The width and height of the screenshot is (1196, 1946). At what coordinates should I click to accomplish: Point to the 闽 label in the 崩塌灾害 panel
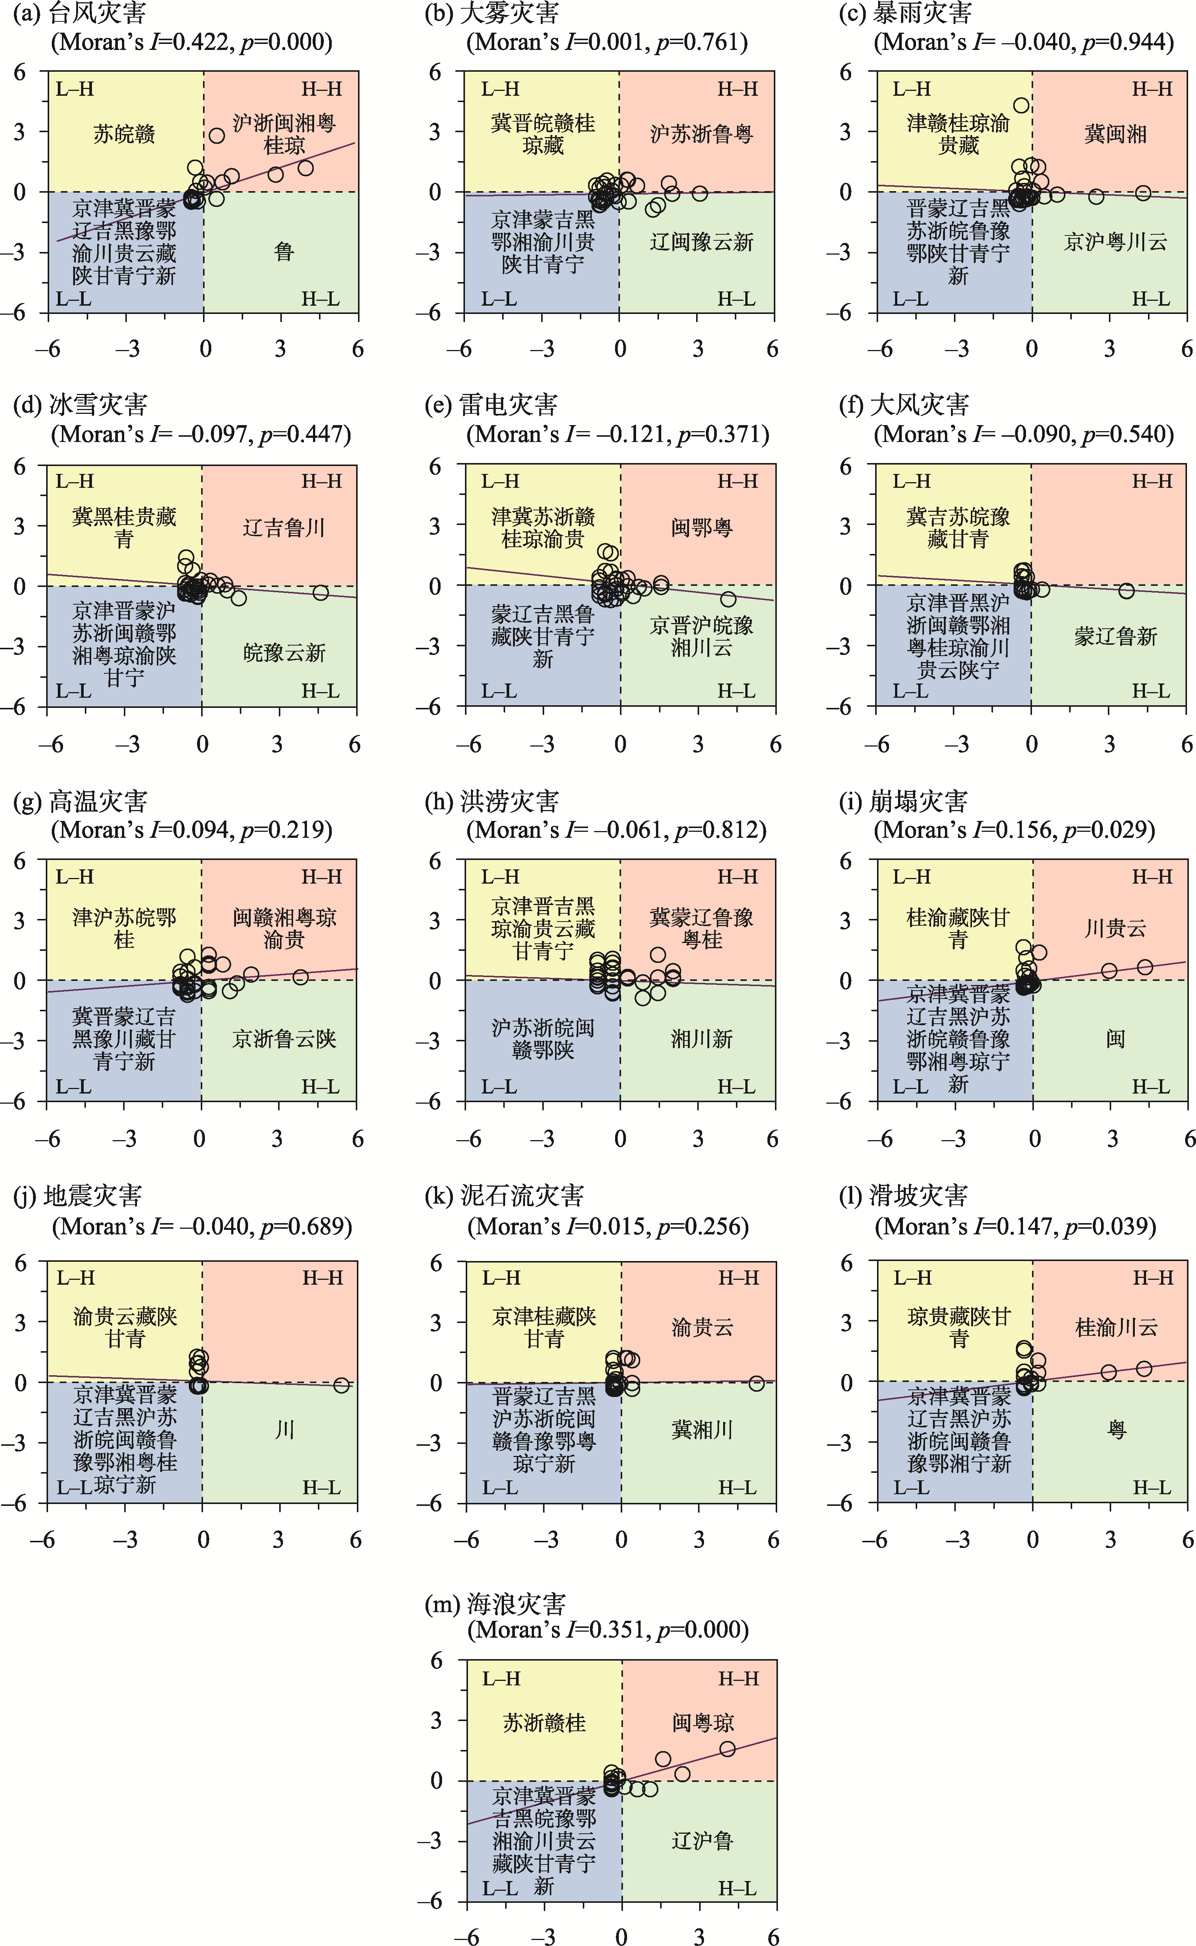coord(1115,1038)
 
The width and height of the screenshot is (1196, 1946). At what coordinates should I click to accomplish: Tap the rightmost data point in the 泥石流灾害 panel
coord(756,1383)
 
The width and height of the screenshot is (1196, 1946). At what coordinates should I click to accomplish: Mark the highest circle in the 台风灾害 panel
coord(217,135)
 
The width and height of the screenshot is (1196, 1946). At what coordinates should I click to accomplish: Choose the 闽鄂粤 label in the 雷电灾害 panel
coord(702,528)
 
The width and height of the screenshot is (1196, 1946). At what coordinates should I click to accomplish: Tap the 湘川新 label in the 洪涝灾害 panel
coord(702,1038)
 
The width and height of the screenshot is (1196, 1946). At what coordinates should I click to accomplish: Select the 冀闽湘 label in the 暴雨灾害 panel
coord(1115,134)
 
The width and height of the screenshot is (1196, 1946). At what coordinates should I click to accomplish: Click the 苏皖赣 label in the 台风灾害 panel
coord(124,134)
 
